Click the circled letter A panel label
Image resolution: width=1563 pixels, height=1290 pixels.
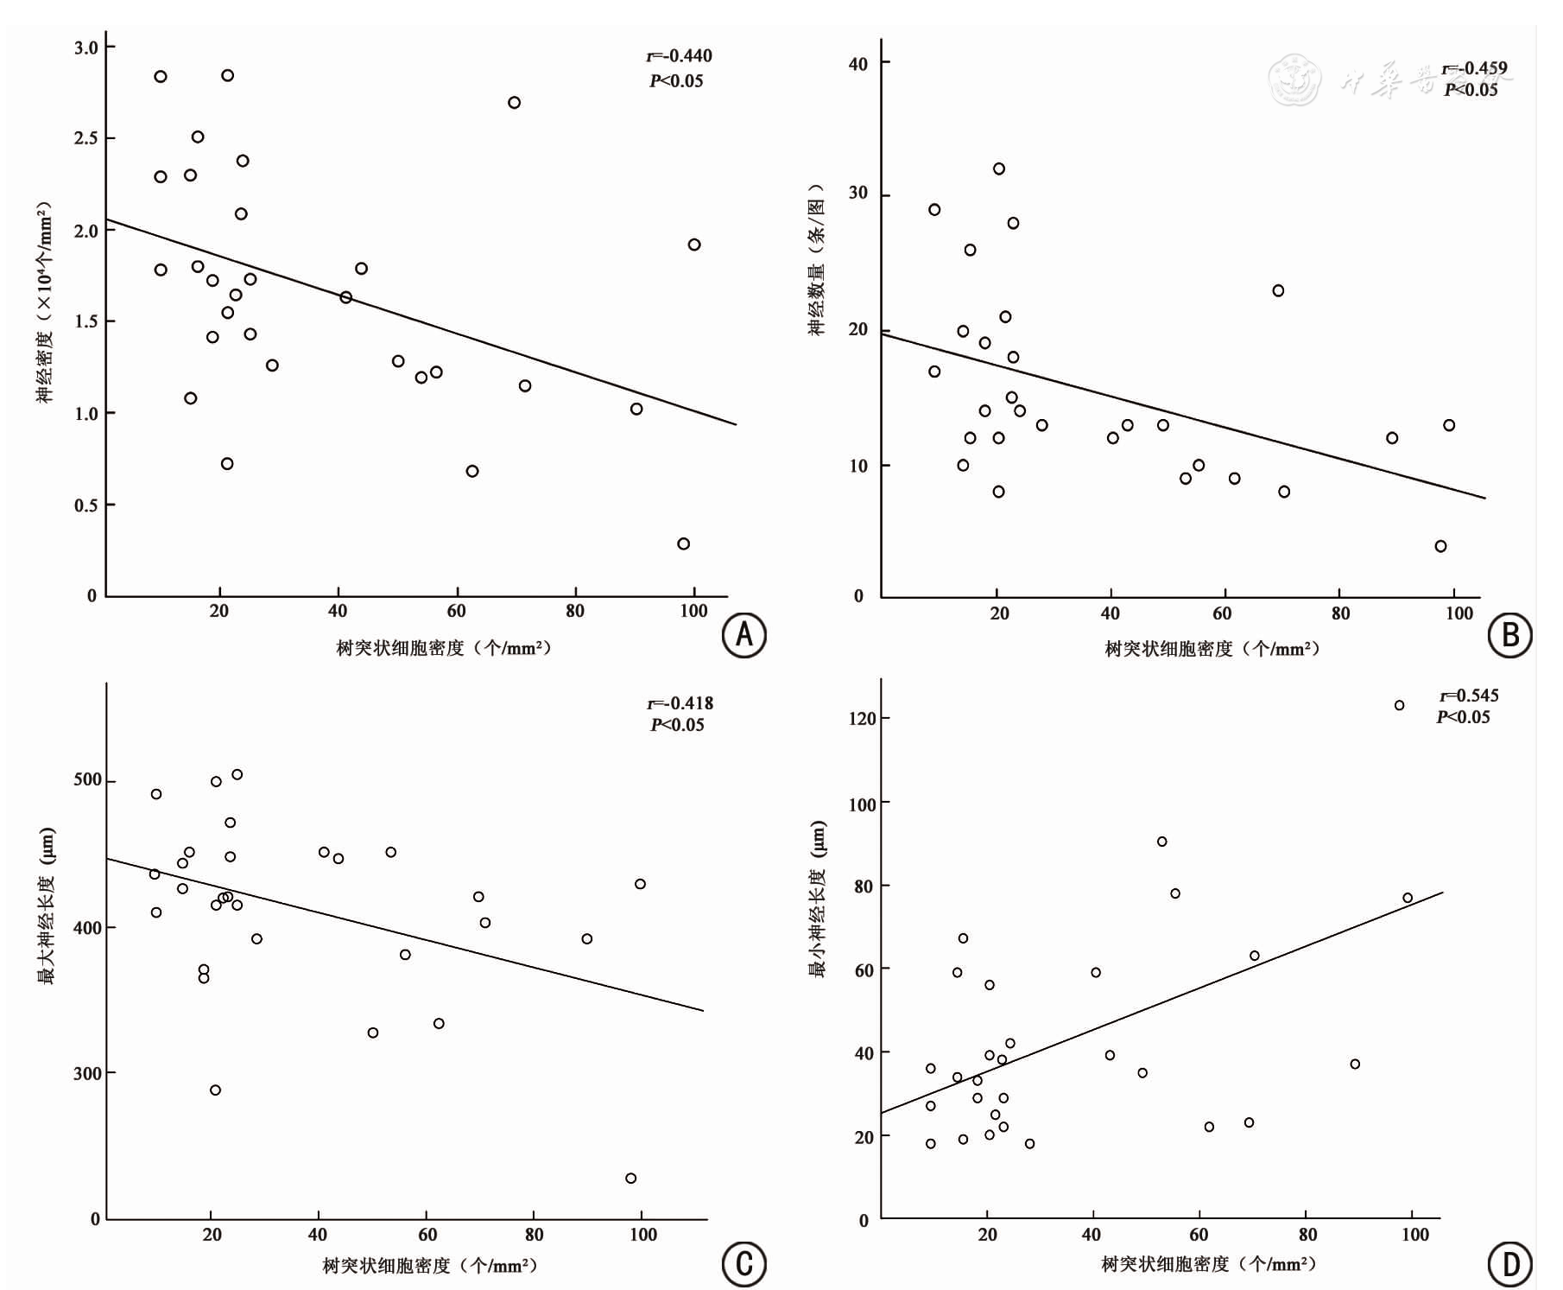[x=744, y=635]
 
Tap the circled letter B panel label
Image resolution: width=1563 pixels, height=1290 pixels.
[x=1509, y=635]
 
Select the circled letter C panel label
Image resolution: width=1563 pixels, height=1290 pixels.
[x=744, y=1264]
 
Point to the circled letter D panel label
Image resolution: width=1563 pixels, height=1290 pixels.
[x=1509, y=1264]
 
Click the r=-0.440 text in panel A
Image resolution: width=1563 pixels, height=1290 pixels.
[x=679, y=56]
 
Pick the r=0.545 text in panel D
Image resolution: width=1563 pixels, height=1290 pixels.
[x=1469, y=696]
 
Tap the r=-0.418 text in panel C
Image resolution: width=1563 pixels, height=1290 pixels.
[x=680, y=703]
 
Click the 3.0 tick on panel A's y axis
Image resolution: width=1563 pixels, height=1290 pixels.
[x=86, y=48]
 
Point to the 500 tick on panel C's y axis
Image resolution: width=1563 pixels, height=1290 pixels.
[x=87, y=779]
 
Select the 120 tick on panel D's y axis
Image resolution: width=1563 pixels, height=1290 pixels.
[x=862, y=718]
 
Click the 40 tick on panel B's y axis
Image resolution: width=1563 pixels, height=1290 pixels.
[x=857, y=64]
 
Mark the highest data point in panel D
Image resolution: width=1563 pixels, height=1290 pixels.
[x=1399, y=706]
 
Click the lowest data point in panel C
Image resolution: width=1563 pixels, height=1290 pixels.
[x=630, y=1179]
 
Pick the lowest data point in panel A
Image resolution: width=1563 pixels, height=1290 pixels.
[x=683, y=544]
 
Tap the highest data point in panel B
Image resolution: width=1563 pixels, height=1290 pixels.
[x=998, y=169]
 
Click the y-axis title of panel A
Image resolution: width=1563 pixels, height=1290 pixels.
[x=44, y=302]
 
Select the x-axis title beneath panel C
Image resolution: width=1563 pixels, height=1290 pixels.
[x=430, y=1266]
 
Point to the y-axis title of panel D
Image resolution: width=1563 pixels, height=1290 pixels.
[x=817, y=899]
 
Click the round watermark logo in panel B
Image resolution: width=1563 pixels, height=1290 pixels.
[x=1294, y=79]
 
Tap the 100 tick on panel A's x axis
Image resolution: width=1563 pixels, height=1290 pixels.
[x=693, y=612]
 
